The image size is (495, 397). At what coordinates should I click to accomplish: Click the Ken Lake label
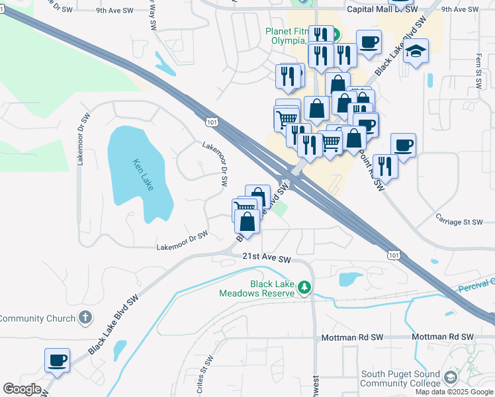pyautogui.click(x=143, y=175)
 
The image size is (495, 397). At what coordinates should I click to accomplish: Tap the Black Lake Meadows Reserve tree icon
pyautogui.click(x=304, y=287)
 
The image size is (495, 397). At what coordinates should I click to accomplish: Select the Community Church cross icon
pyautogui.click(x=84, y=318)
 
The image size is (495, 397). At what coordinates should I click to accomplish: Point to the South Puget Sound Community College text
pyautogui.click(x=400, y=379)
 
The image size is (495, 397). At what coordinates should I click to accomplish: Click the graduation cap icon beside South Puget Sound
pyautogui.click(x=451, y=378)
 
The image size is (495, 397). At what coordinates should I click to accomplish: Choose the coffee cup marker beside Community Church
pyautogui.click(x=57, y=360)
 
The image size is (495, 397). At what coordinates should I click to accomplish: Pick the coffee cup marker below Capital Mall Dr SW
pyautogui.click(x=369, y=42)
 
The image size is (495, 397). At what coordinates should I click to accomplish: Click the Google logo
pyautogui.click(x=22, y=388)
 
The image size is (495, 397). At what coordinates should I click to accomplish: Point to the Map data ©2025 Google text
pyautogui.click(x=455, y=392)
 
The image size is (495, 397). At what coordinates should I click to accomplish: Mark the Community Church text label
pyautogui.click(x=38, y=318)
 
